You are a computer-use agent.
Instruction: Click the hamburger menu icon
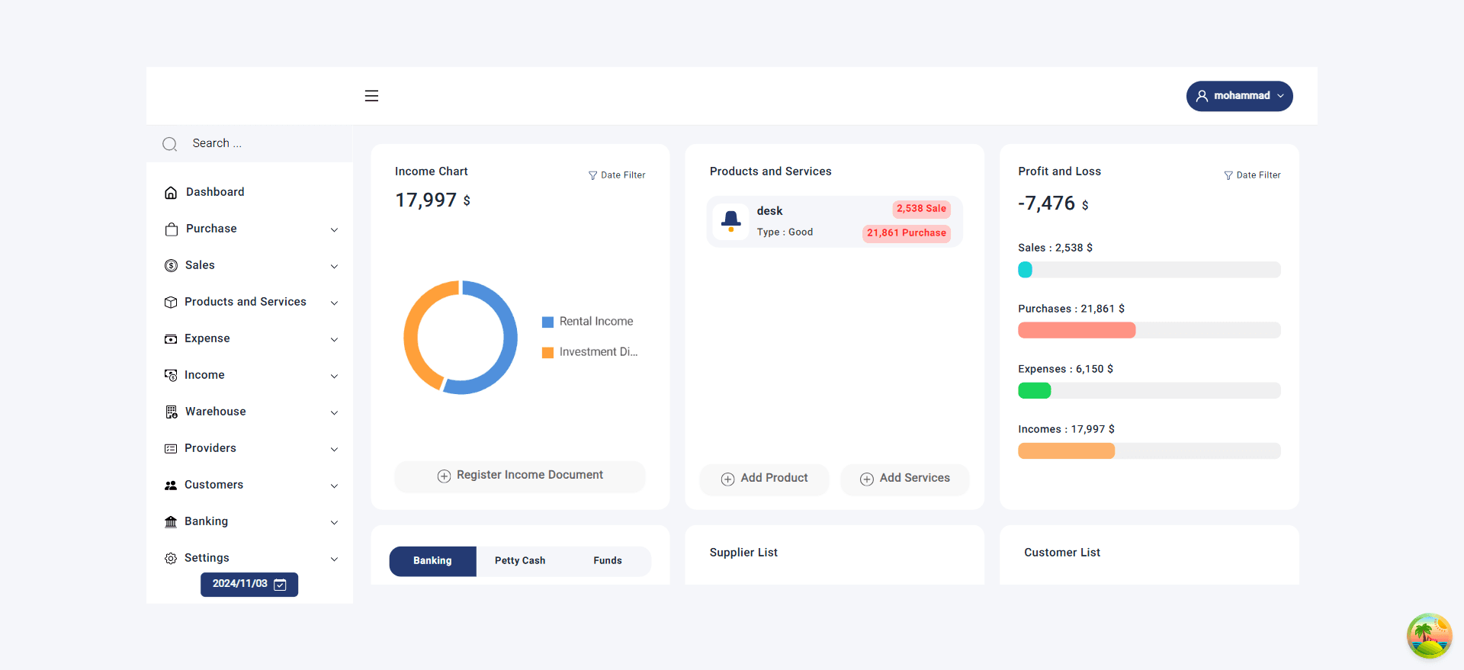coord(371,96)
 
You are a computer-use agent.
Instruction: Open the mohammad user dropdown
coord(1239,96)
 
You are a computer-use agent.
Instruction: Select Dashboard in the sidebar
coord(215,192)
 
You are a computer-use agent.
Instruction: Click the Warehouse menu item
coord(215,412)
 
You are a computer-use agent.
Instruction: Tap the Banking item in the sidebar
coord(206,521)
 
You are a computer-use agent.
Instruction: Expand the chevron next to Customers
coord(334,486)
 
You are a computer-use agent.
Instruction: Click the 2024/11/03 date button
coord(249,584)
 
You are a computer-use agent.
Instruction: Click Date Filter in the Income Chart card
coord(617,175)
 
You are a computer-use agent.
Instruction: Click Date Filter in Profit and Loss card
coord(1252,175)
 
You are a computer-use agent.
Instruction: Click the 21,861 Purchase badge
coord(906,233)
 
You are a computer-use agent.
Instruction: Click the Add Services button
coord(905,479)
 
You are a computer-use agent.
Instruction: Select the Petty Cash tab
coord(520,561)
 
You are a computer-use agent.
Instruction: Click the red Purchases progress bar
coord(1076,330)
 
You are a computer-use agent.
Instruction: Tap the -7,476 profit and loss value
coord(1046,204)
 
